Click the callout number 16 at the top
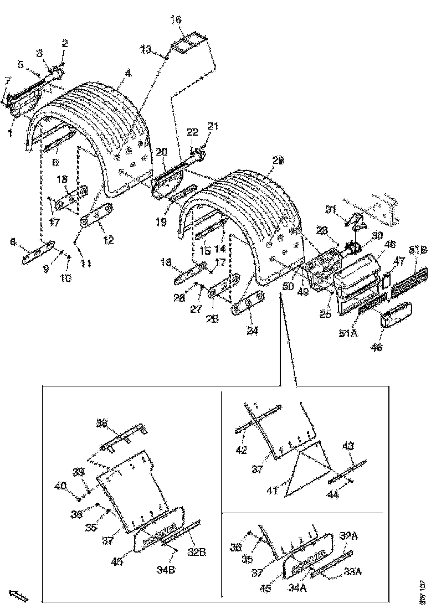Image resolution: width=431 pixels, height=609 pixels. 176,19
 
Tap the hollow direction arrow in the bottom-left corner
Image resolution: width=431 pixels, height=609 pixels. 20,596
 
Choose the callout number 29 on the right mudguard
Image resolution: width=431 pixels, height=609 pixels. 277,160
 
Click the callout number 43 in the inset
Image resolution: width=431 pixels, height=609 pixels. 348,445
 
